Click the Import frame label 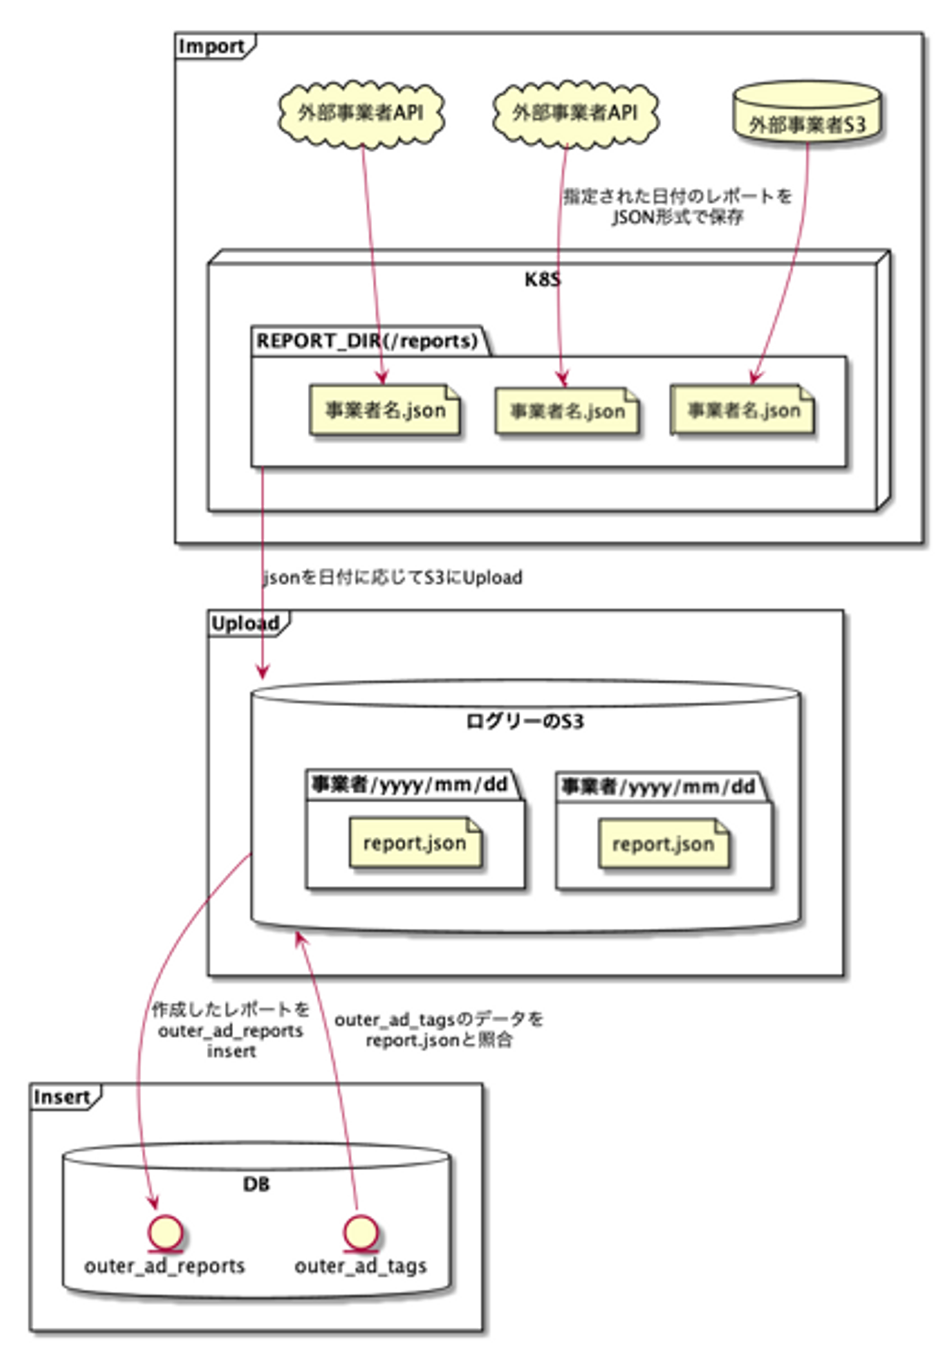[x=211, y=47]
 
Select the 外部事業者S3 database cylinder [x=807, y=113]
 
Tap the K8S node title [x=542, y=280]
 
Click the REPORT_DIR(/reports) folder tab [x=368, y=341]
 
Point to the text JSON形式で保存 [x=677, y=217]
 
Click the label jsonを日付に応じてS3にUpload [x=392, y=578]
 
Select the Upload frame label [x=245, y=624]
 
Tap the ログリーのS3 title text [x=525, y=722]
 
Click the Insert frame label [x=62, y=1098]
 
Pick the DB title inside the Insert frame [x=256, y=1184]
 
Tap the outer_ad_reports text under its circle [x=165, y=1266]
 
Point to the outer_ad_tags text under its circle [x=360, y=1266]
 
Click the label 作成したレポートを [x=231, y=1010]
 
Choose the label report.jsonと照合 [x=439, y=1040]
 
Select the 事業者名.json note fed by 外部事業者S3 [x=742, y=411]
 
